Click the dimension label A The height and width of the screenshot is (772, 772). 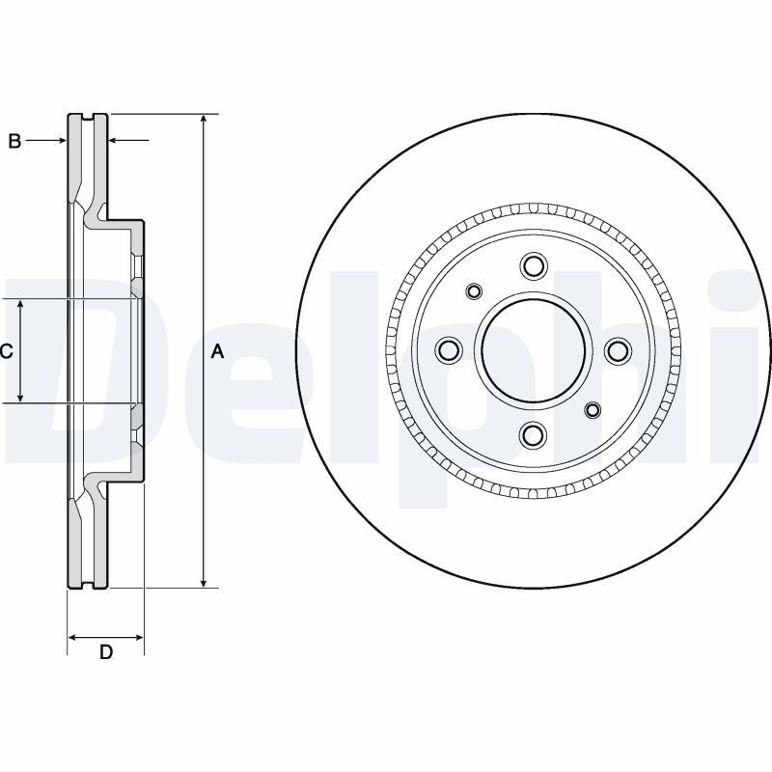point(217,351)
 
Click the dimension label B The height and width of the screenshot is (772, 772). point(14,142)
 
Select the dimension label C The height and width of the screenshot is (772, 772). point(6,351)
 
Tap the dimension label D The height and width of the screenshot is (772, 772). point(106,652)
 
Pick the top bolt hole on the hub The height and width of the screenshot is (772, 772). point(533,266)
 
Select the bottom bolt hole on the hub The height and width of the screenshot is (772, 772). point(533,436)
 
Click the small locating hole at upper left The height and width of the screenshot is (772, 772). point(474,291)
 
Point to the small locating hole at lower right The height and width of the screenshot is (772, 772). point(593,411)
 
